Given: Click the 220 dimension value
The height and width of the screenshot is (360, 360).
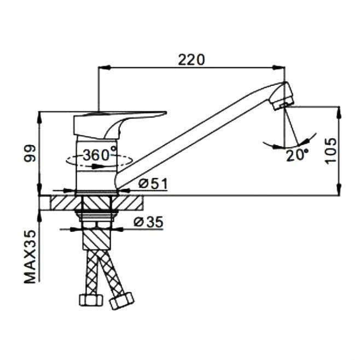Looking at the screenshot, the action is pos(191,60).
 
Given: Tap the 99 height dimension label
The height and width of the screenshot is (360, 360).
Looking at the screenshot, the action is pos(30,153).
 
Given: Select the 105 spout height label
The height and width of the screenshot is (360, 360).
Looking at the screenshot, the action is pos(331,150).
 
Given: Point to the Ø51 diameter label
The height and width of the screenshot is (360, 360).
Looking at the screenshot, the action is pos(153,184).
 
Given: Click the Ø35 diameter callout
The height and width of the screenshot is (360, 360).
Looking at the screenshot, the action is pos(148,222).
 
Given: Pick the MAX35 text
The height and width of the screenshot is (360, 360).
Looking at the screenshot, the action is pos(30,257).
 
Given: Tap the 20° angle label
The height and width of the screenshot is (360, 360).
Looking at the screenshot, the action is pos(297,156).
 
